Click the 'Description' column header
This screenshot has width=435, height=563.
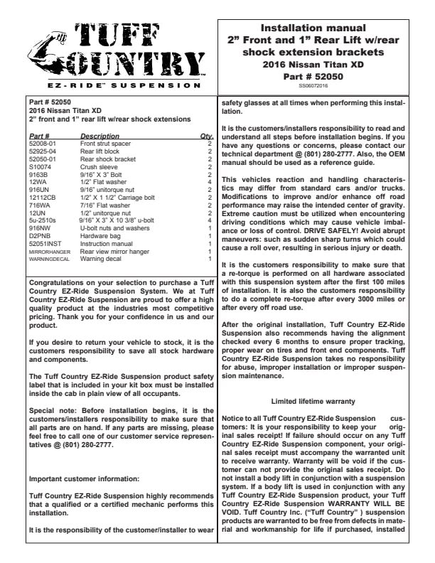click(100, 136)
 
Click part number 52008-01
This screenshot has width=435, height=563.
click(42, 144)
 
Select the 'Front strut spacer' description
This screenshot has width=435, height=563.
click(104, 144)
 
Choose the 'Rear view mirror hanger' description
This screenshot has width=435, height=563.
click(114, 251)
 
